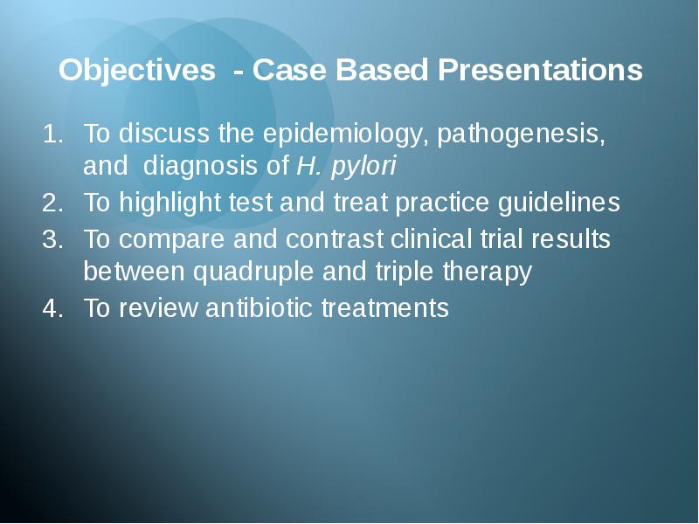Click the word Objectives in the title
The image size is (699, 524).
click(137, 71)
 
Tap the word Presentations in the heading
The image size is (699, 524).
click(540, 70)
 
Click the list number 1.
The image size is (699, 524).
click(52, 134)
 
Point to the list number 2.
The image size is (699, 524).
click(52, 203)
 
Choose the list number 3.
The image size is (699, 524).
click(52, 239)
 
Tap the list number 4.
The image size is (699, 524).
click(52, 308)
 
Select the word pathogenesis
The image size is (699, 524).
click(521, 134)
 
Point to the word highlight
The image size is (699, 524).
click(170, 203)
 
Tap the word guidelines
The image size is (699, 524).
click(558, 203)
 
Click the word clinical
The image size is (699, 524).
click(431, 238)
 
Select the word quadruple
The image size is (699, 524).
click(253, 272)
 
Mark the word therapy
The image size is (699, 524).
click(488, 272)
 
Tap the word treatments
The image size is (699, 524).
click(385, 308)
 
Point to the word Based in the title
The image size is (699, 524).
click(382, 70)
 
